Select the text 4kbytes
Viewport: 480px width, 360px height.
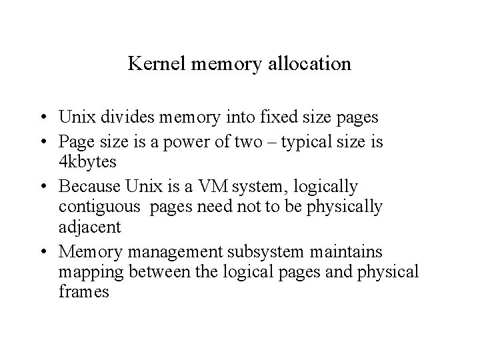point(87,163)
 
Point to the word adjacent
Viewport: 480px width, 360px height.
point(89,228)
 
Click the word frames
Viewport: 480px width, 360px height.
point(83,293)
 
